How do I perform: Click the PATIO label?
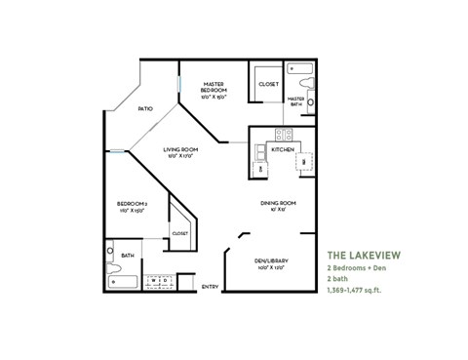[144, 108]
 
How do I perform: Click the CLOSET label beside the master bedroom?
[268, 84]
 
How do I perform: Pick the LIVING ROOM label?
[181, 148]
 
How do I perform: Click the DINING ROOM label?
[278, 203]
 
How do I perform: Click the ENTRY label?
[210, 287]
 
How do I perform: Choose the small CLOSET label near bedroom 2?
[180, 233]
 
